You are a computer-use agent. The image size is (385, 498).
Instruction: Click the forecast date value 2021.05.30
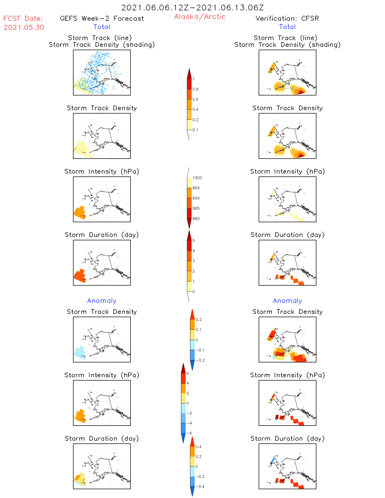24,27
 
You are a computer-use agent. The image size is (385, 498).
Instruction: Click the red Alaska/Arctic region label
200,17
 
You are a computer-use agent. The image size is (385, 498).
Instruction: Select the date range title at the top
192,8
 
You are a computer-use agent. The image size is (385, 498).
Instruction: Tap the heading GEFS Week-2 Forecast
102,18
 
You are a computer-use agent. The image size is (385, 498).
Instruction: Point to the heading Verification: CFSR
287,18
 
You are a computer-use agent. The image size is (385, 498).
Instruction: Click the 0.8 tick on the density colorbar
195,89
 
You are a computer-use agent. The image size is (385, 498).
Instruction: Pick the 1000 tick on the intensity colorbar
197,178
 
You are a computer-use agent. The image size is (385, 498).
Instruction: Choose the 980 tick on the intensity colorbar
196,219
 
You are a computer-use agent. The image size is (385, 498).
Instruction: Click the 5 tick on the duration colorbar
194,241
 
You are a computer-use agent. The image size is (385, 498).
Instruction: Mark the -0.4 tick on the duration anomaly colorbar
200,486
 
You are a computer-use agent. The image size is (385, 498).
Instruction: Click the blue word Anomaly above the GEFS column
102,301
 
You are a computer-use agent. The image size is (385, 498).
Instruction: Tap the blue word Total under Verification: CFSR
287,27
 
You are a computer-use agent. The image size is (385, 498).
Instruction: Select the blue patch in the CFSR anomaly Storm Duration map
272,461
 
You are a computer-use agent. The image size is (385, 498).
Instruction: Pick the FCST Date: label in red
23,18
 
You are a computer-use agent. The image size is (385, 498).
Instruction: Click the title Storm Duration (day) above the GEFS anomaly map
102,438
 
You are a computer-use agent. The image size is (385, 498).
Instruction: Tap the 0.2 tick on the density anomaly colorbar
199,319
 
